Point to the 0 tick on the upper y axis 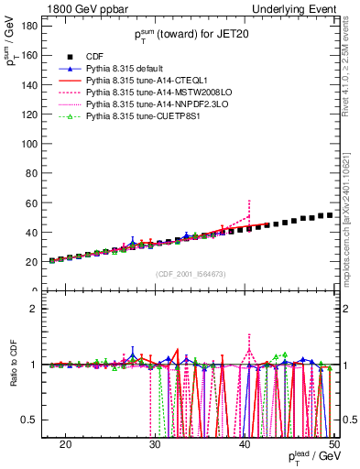[x=37, y=291]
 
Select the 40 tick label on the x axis [x=245, y=442]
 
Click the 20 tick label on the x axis [x=65, y=442]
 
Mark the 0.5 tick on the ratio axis [x=32, y=420]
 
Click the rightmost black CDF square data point [x=330, y=214]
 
